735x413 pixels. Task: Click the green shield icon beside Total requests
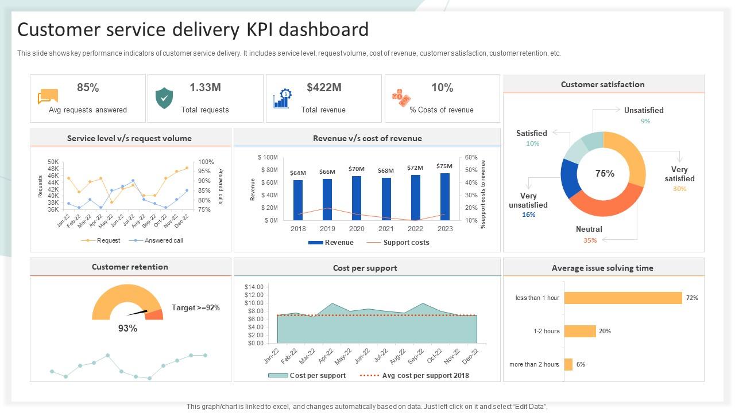point(164,99)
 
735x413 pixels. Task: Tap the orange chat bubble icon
point(48,97)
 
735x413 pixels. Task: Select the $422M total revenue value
point(324,88)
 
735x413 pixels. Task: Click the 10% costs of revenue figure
point(442,88)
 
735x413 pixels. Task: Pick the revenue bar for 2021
point(386,198)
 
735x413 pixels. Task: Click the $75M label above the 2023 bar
point(444,166)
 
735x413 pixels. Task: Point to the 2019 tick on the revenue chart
point(327,228)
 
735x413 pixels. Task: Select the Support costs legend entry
point(405,243)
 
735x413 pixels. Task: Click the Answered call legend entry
point(163,241)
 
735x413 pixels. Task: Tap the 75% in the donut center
point(605,173)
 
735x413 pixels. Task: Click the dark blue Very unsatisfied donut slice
point(569,178)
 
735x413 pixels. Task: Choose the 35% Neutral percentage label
point(590,240)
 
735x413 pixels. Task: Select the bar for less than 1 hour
point(623,298)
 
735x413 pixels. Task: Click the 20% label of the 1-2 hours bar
point(605,331)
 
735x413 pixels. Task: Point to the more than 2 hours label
point(534,364)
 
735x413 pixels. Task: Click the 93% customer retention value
point(127,328)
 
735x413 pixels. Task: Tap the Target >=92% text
point(195,308)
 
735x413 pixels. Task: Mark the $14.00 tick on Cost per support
point(254,287)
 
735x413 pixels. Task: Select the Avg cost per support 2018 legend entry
point(425,376)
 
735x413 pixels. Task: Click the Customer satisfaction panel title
point(602,84)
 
